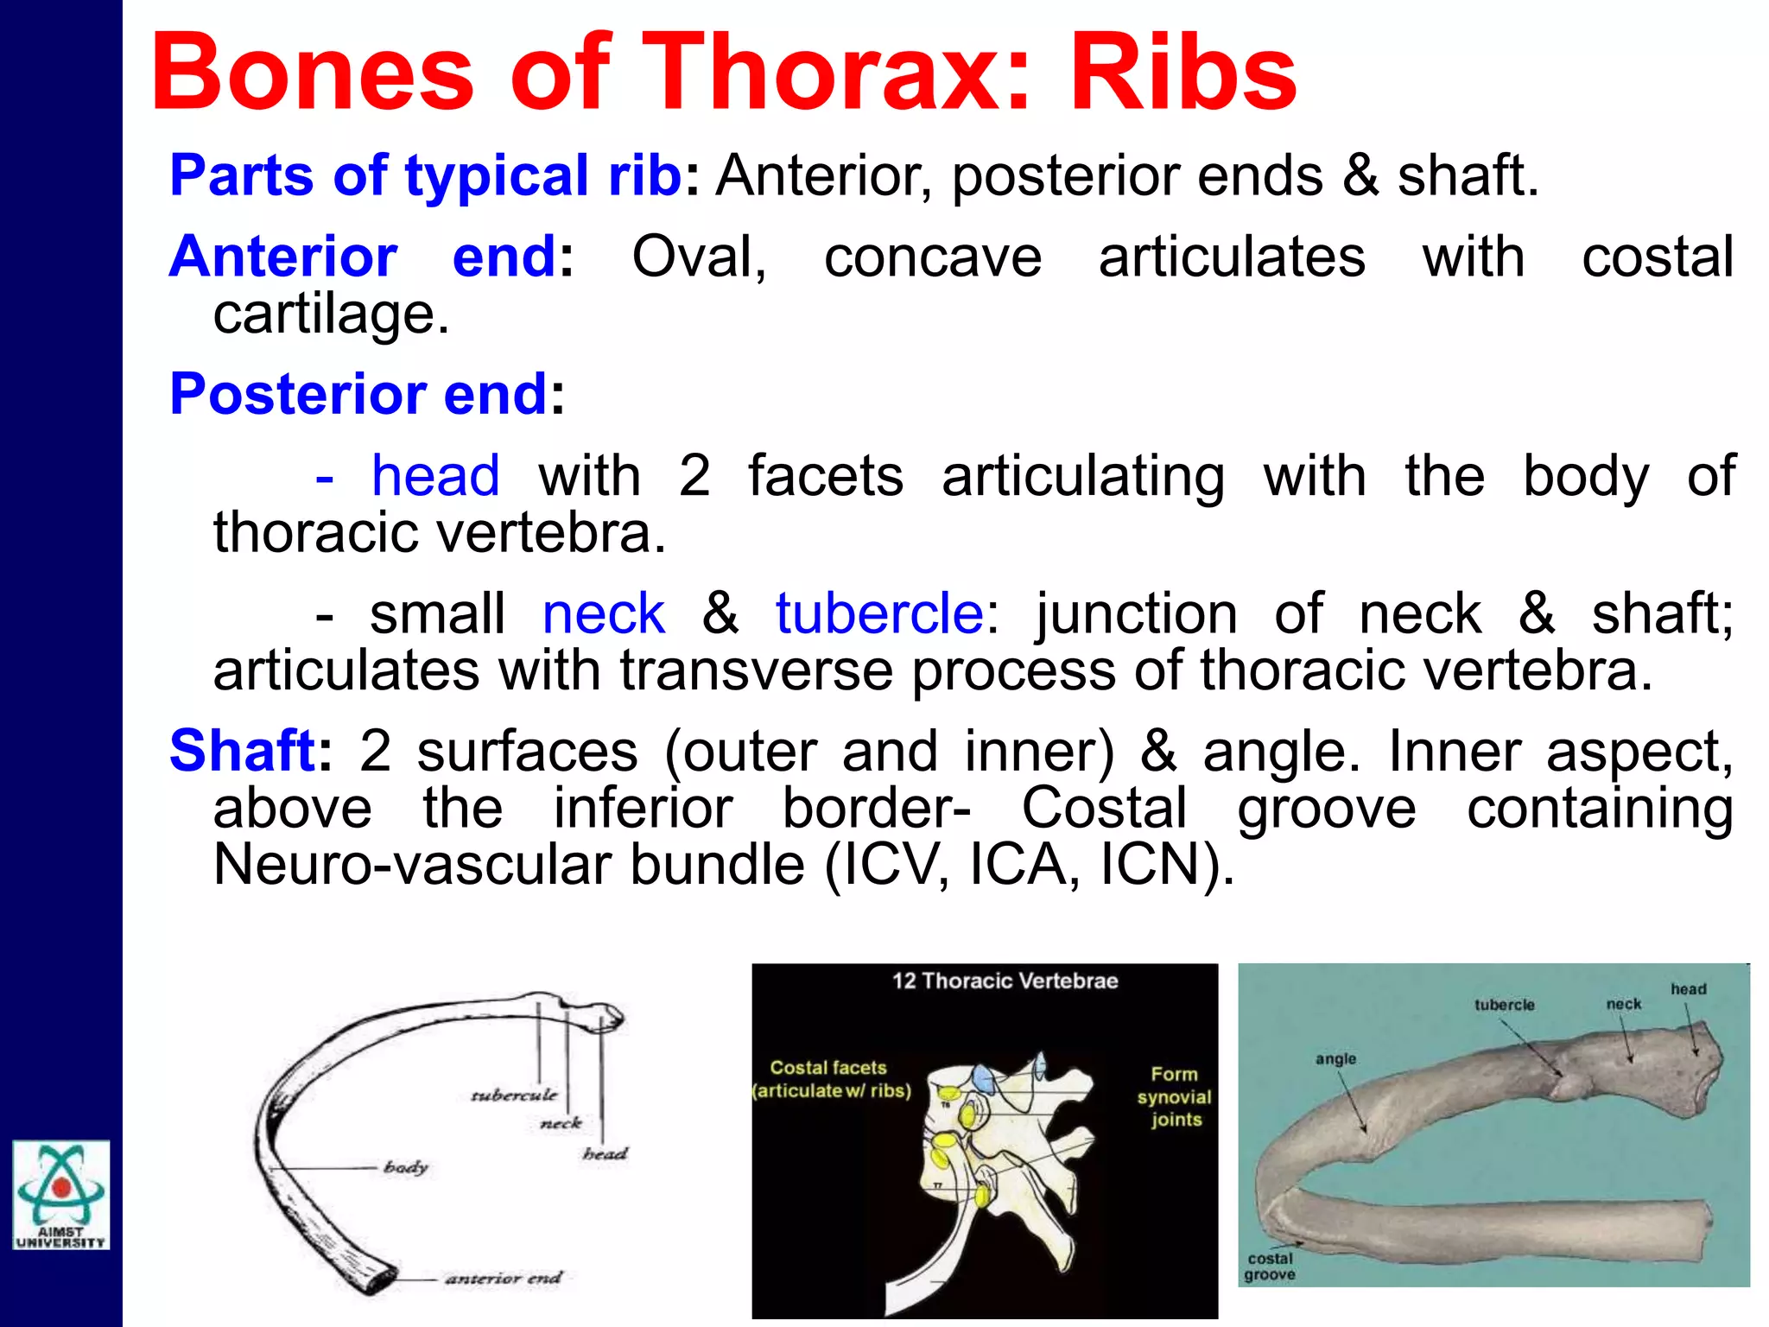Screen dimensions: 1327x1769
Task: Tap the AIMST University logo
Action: (60, 1194)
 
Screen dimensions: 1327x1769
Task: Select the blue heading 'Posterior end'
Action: (358, 394)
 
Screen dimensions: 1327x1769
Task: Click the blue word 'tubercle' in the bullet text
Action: (879, 613)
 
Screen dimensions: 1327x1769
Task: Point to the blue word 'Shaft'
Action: (243, 750)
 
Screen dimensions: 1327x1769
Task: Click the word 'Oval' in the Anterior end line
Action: (698, 257)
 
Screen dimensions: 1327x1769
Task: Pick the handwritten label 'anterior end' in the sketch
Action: (504, 1278)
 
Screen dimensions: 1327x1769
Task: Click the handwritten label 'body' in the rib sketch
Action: (406, 1167)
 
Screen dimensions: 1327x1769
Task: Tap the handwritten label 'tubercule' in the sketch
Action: (514, 1095)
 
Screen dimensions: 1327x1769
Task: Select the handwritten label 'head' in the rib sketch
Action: (605, 1153)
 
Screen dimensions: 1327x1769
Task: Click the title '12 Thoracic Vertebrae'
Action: (1005, 981)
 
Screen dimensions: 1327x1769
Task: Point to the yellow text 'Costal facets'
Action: (828, 1068)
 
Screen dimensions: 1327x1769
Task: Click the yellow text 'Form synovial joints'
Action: (1175, 1096)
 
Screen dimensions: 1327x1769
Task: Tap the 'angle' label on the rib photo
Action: (1335, 1059)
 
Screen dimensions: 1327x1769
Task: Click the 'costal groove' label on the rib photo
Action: (1270, 1267)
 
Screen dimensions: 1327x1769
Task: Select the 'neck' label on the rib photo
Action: (1623, 1004)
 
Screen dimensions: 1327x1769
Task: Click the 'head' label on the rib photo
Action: (1688, 989)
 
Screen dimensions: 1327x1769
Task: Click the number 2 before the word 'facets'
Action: (694, 476)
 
